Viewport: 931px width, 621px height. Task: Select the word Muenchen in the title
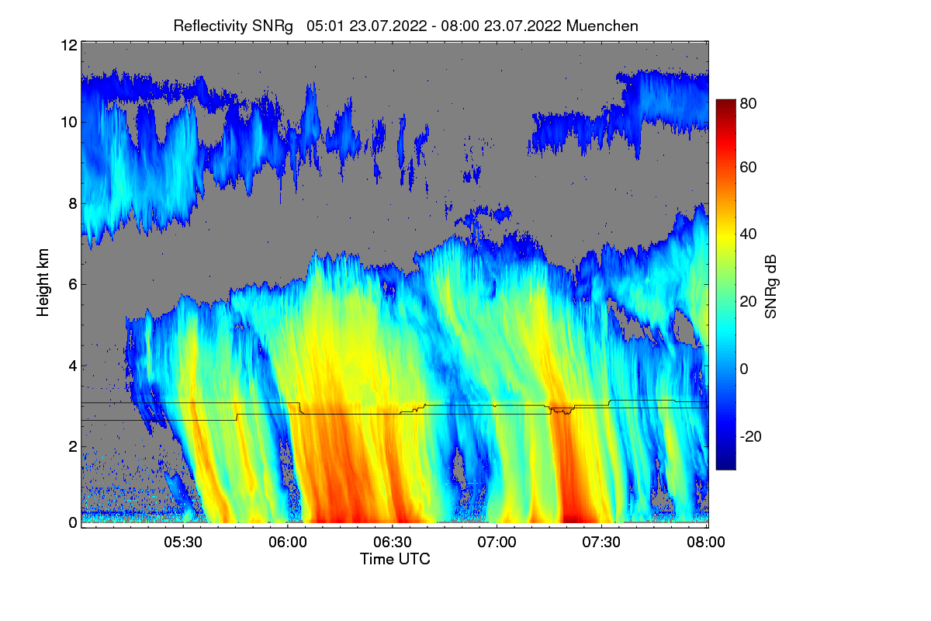602,26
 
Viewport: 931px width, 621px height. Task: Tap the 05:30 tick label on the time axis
183,543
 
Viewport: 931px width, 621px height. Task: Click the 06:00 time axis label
288,543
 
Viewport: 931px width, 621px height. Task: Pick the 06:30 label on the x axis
393,543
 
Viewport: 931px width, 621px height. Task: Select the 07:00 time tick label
497,543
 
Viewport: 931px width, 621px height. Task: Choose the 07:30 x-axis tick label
602,543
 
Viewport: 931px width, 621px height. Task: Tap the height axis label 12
68,45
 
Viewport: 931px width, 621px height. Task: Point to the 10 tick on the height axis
68,122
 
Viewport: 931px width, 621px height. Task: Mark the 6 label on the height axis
72,284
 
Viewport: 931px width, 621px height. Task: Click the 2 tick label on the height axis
72,446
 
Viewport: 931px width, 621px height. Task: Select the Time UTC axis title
395,559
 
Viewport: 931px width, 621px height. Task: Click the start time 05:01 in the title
325,26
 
